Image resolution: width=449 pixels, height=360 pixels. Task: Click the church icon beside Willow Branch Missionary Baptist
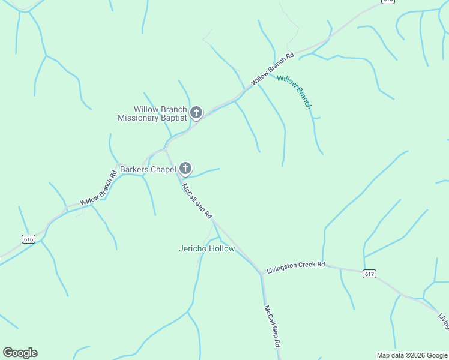pyautogui.click(x=196, y=112)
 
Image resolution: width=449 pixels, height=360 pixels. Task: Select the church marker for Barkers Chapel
pyautogui.click(x=185, y=169)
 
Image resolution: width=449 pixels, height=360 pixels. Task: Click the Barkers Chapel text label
pyautogui.click(x=148, y=169)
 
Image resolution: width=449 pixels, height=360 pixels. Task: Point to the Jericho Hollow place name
pyautogui.click(x=206, y=248)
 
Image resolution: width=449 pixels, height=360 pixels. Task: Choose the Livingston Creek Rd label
pyautogui.click(x=296, y=265)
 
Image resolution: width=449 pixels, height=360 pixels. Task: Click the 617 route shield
pyautogui.click(x=369, y=274)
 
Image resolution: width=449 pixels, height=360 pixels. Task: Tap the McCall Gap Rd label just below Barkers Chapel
pyautogui.click(x=197, y=201)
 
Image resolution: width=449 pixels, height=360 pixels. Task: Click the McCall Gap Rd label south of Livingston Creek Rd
pyautogui.click(x=272, y=326)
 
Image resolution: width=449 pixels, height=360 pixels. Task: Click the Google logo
pyautogui.click(x=20, y=353)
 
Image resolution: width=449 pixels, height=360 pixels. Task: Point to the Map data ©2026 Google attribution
pyautogui.click(x=411, y=355)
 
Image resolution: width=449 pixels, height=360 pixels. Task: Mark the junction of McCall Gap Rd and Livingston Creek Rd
pyautogui.click(x=262, y=274)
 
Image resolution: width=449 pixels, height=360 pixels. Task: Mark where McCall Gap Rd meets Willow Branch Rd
pyautogui.click(x=165, y=150)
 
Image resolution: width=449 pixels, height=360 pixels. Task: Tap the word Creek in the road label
pyautogui.click(x=304, y=265)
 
